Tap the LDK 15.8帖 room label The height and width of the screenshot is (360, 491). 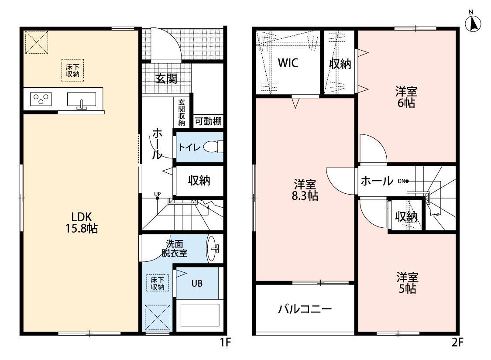[x=82, y=223]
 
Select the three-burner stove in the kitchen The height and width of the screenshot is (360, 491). [x=41, y=99]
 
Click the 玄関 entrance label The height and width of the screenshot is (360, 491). [x=166, y=79]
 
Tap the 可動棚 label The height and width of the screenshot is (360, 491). [x=208, y=121]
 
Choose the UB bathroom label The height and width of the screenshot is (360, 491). [x=197, y=284]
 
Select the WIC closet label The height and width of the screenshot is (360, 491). [x=288, y=63]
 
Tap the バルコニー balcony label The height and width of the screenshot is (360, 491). [x=305, y=309]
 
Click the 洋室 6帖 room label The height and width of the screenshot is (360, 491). [x=406, y=97]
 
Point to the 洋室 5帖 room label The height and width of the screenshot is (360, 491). [x=407, y=283]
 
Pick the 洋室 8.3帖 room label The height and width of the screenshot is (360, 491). [x=305, y=190]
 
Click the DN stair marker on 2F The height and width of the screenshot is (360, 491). [x=403, y=181]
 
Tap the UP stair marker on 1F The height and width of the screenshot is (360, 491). [x=157, y=195]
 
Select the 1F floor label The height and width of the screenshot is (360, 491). [x=225, y=342]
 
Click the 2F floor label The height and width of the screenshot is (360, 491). [x=457, y=342]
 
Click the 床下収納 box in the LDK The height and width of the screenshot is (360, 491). [x=72, y=70]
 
